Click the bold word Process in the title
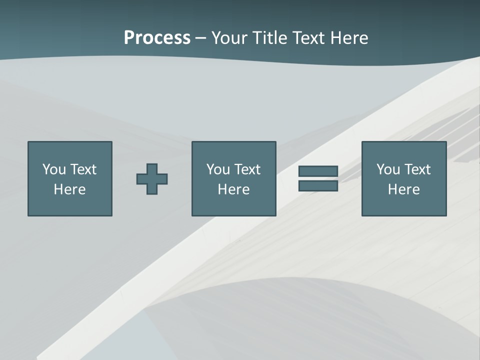tap(157, 38)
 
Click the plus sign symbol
tap(152, 179)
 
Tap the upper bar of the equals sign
tap(318, 171)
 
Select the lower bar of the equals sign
tap(318, 185)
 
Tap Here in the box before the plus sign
tap(69, 189)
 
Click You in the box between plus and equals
tap(217, 169)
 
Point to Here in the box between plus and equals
tap(233, 189)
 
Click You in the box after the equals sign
tap(387, 169)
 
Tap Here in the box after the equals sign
tap(403, 189)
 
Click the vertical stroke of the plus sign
tap(152, 168)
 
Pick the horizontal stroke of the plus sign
tap(141, 179)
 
